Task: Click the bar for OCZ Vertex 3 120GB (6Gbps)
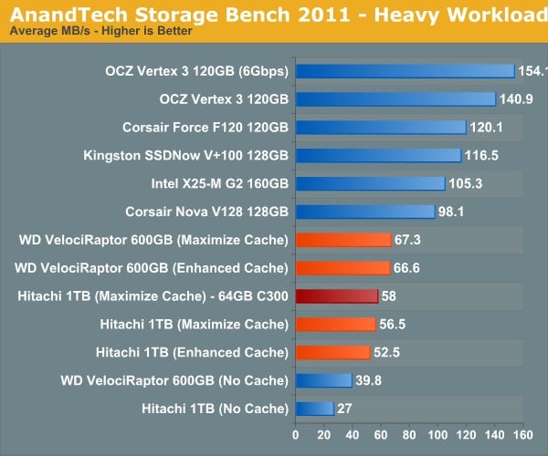pos(405,71)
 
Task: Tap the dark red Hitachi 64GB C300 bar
pos(336,295)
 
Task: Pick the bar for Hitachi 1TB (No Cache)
pos(314,408)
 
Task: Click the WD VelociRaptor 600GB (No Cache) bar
pos(323,379)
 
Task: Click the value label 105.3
pos(464,183)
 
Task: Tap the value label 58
pos(389,295)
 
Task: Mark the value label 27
pos(344,408)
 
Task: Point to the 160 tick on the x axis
pos(522,433)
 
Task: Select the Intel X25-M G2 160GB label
pos(219,183)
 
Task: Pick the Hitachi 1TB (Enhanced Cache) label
pos(192,351)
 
